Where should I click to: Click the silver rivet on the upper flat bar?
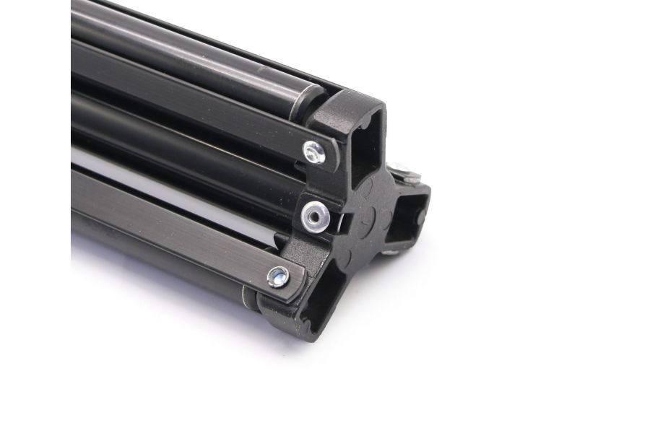[x=314, y=150]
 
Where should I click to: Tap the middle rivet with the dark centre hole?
[x=313, y=211]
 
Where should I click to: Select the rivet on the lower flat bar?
[x=277, y=275]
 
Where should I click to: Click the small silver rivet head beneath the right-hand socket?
[x=391, y=252]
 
